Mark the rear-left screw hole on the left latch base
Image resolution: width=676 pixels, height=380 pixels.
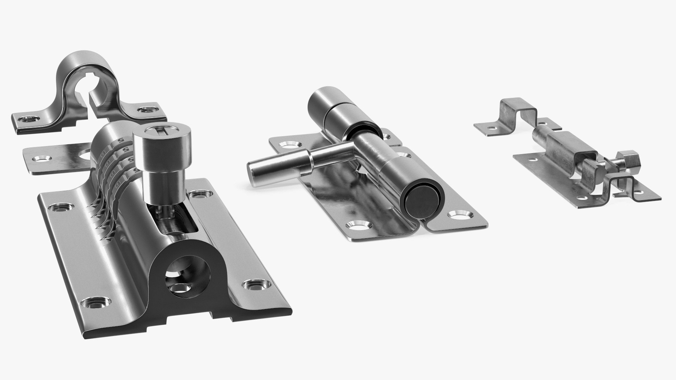(x=62, y=208)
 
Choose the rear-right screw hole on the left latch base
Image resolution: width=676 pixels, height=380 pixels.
(x=200, y=193)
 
